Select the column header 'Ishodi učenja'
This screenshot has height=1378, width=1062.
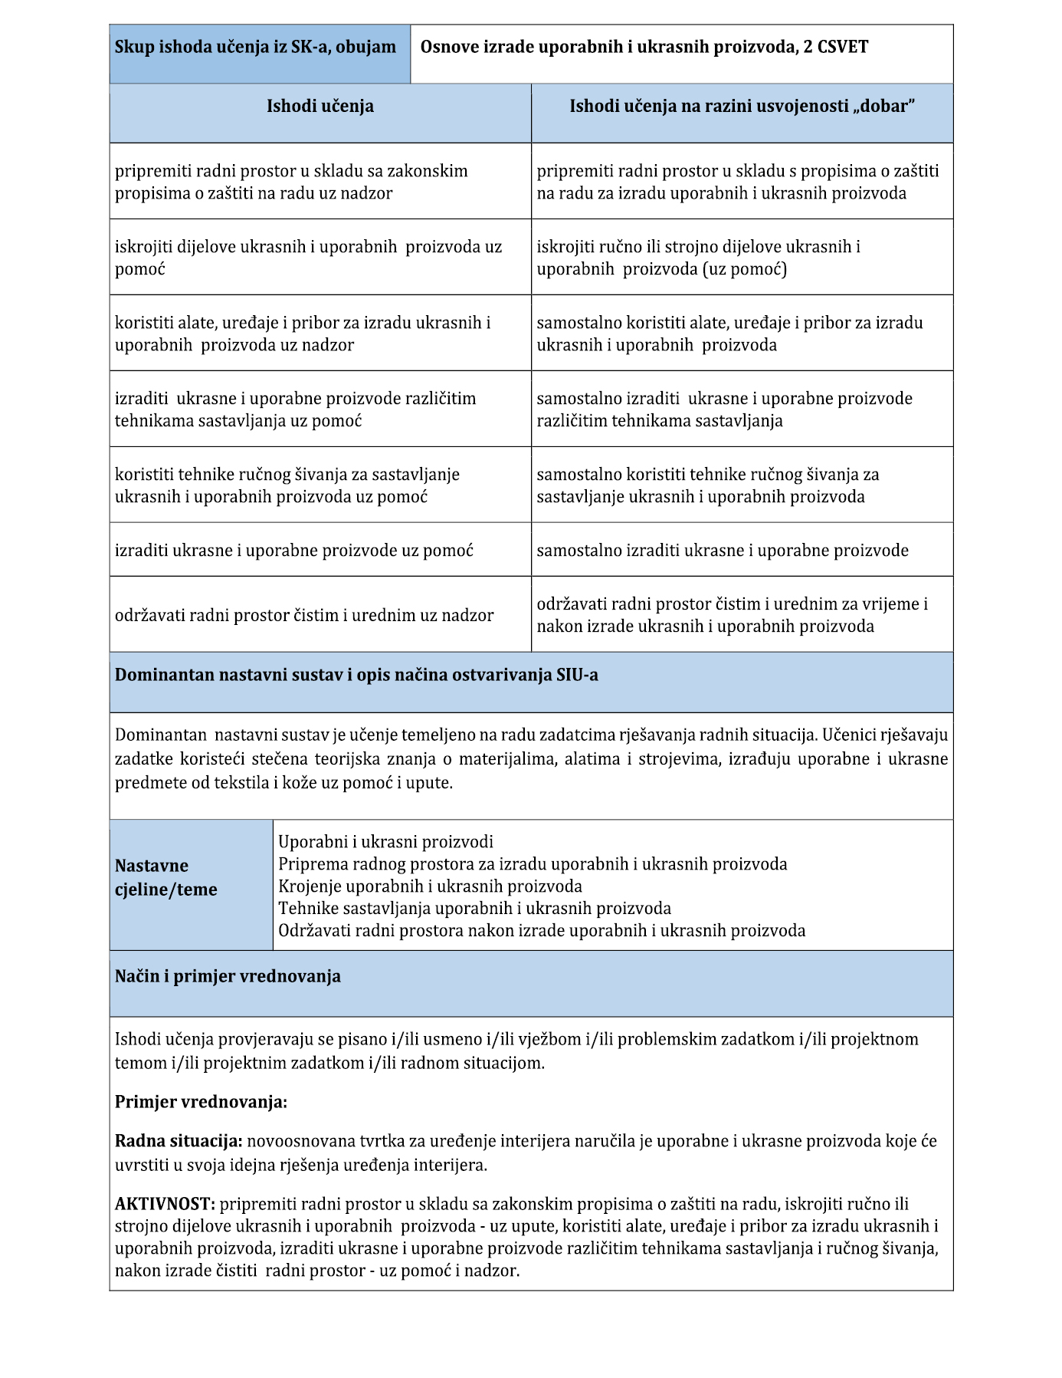[320, 107]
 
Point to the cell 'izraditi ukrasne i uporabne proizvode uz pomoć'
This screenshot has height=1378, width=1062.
[294, 551]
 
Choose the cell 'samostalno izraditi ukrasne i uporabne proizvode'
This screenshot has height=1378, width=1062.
[723, 551]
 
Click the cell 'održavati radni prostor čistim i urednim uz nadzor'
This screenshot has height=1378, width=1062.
[304, 615]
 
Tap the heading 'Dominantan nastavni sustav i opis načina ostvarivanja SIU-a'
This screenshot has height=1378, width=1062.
[356, 676]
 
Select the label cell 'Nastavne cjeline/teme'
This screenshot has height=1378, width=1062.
[166, 878]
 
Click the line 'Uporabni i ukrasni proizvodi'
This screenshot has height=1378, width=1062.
[385, 842]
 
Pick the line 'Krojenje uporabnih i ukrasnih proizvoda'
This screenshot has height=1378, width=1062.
[430, 886]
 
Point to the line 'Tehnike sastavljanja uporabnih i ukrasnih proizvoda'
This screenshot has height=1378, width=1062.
[474, 909]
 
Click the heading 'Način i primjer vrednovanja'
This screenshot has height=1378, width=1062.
[228, 977]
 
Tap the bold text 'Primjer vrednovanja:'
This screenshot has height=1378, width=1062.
[201, 1103]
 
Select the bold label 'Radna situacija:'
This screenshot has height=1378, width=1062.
[179, 1141]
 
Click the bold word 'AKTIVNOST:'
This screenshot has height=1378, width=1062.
[165, 1204]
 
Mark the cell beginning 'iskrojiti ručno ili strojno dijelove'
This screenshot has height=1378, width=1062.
[698, 258]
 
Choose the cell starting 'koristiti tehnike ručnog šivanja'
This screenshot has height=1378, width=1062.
[287, 485]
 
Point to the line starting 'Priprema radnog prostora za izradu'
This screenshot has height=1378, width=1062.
[533, 864]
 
